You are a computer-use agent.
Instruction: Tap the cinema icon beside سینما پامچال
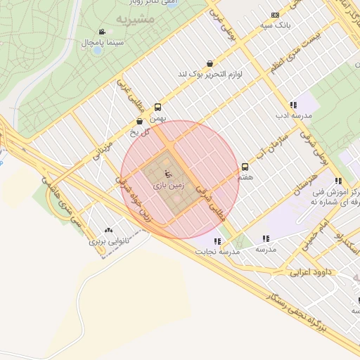[x=102, y=32]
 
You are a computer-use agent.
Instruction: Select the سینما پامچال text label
[x=103, y=44]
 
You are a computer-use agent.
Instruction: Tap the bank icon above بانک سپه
[x=275, y=15]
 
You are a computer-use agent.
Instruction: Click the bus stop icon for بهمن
[x=157, y=108]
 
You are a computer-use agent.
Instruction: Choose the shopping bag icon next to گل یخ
[x=139, y=122]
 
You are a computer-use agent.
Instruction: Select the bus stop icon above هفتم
[x=245, y=167]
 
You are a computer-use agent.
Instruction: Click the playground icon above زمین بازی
[x=167, y=173]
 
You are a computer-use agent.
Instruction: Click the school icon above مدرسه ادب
[x=293, y=105]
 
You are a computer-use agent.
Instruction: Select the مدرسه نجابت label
[x=218, y=251]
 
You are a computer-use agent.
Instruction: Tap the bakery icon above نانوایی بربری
[x=108, y=230]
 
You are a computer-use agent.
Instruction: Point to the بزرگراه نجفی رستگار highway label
[x=295, y=309]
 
